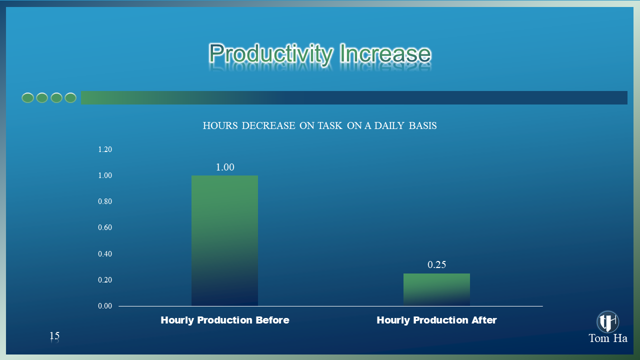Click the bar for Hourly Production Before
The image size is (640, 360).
click(x=224, y=240)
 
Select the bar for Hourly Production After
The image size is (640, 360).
click(x=436, y=289)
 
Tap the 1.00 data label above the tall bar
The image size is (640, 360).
click(x=225, y=167)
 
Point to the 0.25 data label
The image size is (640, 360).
click(x=436, y=265)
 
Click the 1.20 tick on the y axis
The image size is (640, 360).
click(x=105, y=149)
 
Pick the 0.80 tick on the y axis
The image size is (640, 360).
click(x=105, y=201)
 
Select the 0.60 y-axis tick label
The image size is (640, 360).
click(x=105, y=227)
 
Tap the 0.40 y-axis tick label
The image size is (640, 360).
click(x=105, y=253)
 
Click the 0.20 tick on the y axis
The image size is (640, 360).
click(x=105, y=279)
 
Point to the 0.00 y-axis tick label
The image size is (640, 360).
click(x=105, y=306)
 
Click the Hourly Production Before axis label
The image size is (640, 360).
click(x=225, y=320)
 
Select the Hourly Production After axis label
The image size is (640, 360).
click(x=436, y=320)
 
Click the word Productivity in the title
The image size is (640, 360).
click(x=271, y=53)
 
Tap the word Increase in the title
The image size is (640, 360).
click(x=385, y=53)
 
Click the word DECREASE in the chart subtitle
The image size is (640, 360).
click(x=268, y=125)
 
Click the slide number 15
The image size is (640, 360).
click(x=54, y=335)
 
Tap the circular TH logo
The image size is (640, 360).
click(x=607, y=321)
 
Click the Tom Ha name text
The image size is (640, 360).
click(x=608, y=338)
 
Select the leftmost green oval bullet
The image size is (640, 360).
click(x=27, y=98)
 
